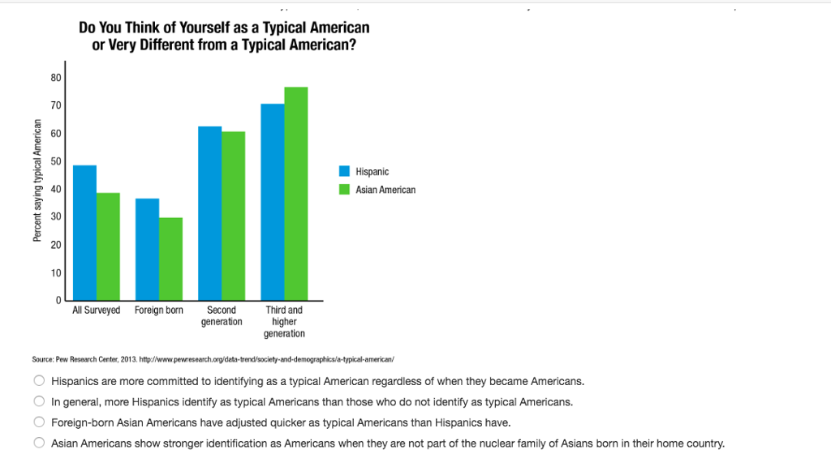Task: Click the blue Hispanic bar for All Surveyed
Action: (84, 233)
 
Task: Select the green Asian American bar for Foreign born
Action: (170, 259)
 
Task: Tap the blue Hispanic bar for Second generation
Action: (210, 213)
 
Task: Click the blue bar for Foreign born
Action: (147, 249)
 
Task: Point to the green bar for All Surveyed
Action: (108, 246)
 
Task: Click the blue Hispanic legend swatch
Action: (344, 172)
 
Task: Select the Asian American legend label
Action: (385, 190)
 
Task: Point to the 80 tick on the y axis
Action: (56, 78)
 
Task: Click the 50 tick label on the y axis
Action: (56, 161)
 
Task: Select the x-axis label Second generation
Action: (222, 316)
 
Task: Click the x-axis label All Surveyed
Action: (96, 311)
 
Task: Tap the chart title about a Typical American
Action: (224, 36)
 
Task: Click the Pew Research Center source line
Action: (213, 358)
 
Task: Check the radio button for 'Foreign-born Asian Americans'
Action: (38, 422)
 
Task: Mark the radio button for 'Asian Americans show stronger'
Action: (38, 443)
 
